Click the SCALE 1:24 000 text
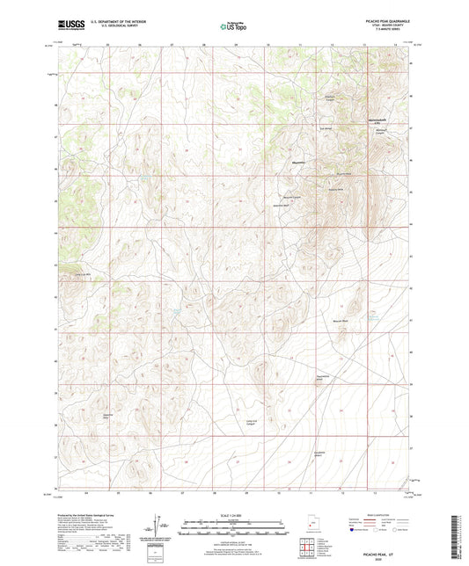coord(233,513)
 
